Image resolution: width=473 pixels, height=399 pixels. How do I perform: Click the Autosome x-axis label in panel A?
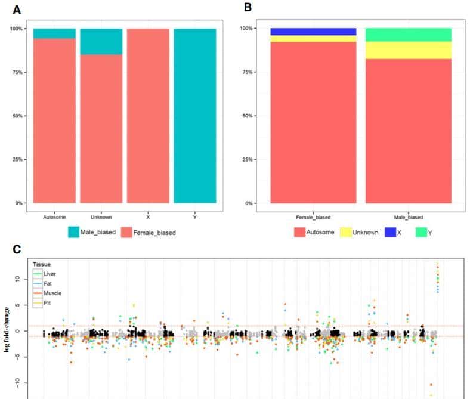(x=54, y=216)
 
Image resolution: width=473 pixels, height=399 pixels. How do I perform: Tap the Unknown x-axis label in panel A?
(x=101, y=216)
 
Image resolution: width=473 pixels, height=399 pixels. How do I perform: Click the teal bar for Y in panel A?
(x=195, y=116)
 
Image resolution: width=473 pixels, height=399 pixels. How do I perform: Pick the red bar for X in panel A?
(x=148, y=116)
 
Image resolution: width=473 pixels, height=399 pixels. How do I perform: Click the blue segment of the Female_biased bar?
(x=313, y=32)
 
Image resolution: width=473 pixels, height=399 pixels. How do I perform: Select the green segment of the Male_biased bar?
(x=408, y=35)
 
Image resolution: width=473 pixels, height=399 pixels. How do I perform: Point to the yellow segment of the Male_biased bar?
(x=408, y=50)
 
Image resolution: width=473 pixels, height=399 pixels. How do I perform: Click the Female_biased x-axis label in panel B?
(x=313, y=217)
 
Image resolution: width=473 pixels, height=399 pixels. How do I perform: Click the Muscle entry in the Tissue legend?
(x=52, y=293)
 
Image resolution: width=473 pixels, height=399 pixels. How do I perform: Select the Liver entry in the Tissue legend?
(x=50, y=274)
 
